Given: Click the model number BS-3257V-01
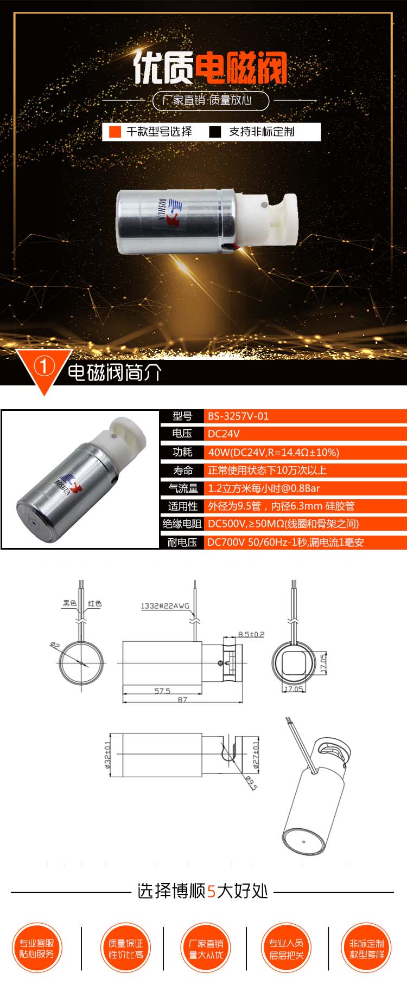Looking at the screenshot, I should (x=238, y=416).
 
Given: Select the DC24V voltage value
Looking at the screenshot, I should (x=224, y=434).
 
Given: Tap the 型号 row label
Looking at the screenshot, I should (x=182, y=416).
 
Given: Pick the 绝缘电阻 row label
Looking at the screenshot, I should (x=182, y=524).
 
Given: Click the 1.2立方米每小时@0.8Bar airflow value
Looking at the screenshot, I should (x=264, y=488).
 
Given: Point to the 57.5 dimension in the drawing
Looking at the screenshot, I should (x=162, y=691).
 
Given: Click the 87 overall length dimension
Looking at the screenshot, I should (x=182, y=700).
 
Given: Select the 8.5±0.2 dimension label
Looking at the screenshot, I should (x=251, y=634).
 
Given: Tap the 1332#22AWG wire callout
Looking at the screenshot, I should (x=165, y=606).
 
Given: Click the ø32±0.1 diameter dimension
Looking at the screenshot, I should (x=107, y=755).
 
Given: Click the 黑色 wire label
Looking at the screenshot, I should (x=69, y=603).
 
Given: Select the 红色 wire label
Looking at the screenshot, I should (x=95, y=603).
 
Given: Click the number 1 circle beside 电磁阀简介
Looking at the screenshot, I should (x=44, y=367).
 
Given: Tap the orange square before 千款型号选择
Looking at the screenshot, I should (x=115, y=132).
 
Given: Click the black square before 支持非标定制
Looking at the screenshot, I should (x=215, y=132).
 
